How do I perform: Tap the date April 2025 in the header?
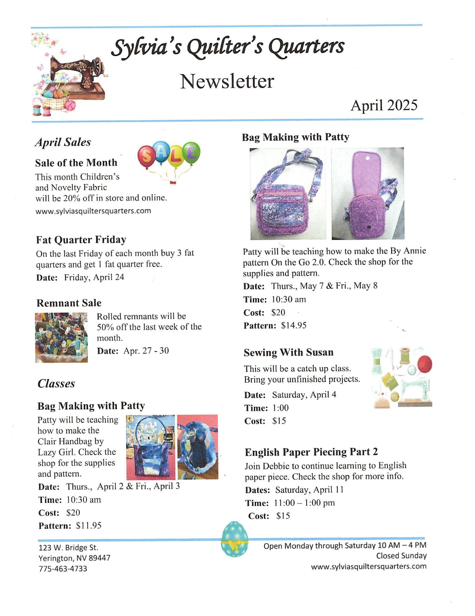click(384, 105)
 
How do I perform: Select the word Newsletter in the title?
click(227, 81)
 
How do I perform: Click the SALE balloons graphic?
click(169, 158)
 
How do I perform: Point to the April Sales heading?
click(63, 142)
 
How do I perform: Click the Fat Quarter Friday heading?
click(81, 240)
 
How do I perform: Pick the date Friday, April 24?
click(94, 277)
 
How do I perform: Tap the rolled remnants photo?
click(61, 338)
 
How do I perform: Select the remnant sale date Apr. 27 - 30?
click(146, 351)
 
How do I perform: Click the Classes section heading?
click(56, 383)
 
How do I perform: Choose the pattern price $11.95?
click(89, 526)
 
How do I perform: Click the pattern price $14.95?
click(294, 325)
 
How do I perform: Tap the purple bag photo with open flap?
click(367, 194)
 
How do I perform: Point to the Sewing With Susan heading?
click(288, 352)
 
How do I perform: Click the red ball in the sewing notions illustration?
click(424, 364)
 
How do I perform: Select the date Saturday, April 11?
click(309, 490)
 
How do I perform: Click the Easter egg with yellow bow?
click(234, 539)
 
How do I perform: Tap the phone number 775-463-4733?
click(63, 569)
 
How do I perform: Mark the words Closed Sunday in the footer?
click(401, 556)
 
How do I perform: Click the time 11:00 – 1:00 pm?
click(304, 503)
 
